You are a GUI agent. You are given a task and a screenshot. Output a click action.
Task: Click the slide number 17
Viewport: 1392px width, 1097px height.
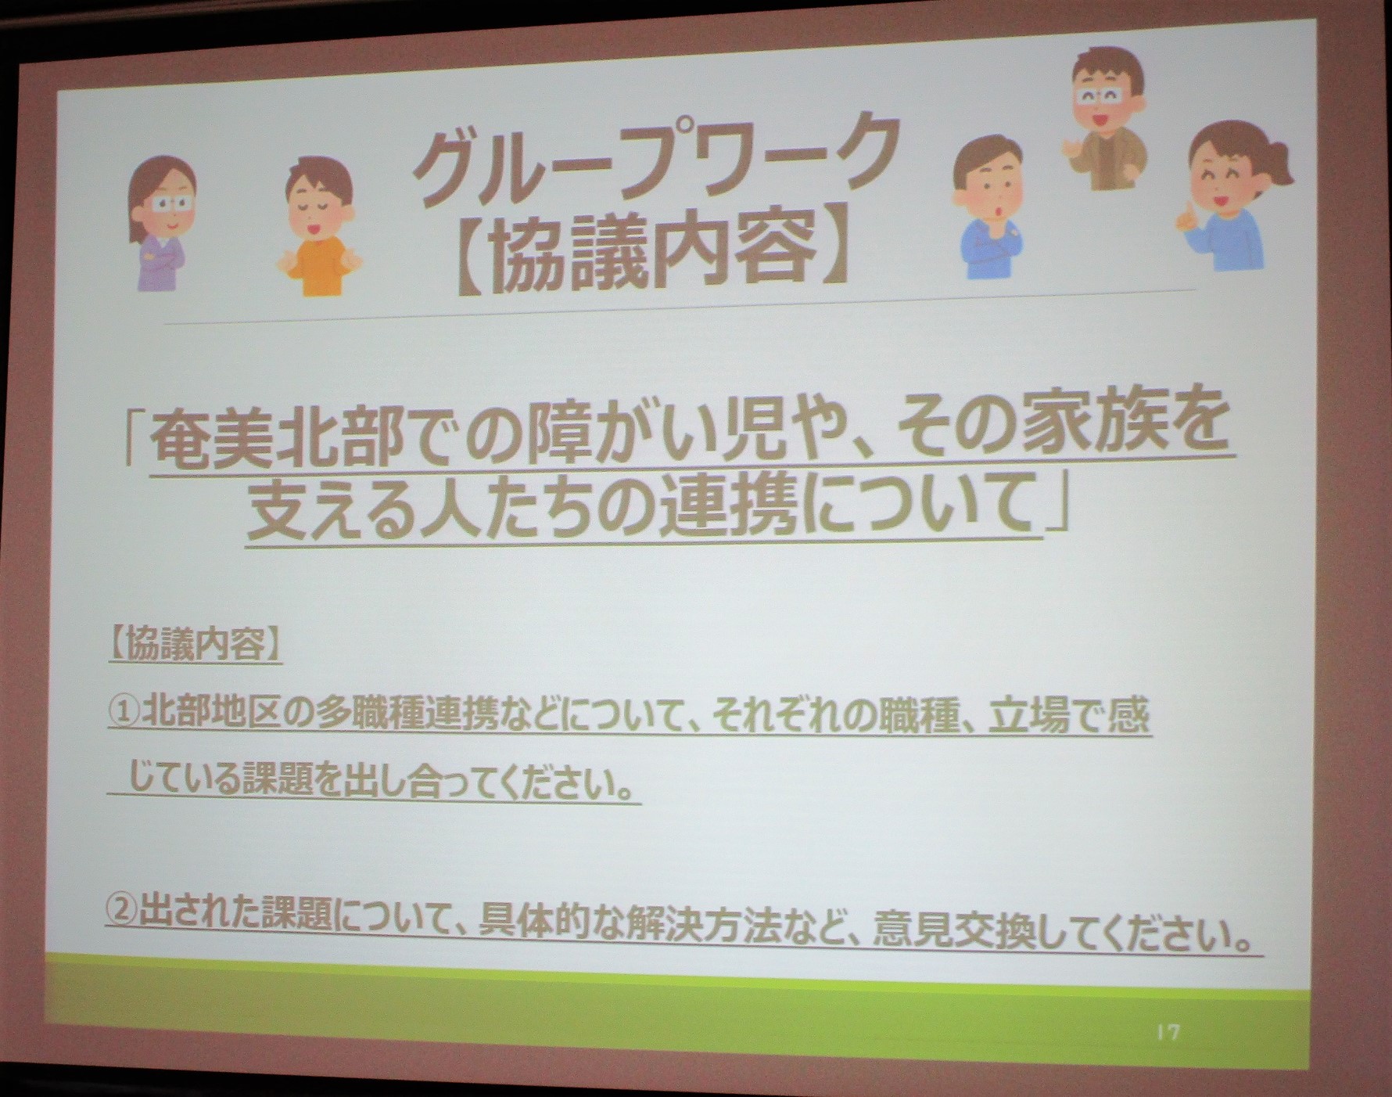(x=1168, y=1033)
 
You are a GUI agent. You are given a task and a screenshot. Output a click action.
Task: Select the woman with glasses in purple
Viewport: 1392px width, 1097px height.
(x=161, y=222)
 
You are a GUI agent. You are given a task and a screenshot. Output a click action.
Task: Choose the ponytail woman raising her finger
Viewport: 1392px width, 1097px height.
(x=1226, y=196)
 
